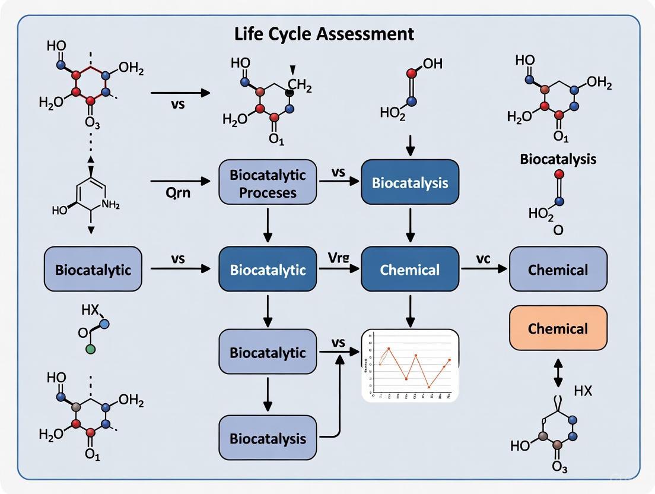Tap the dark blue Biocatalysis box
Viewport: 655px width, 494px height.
(x=410, y=182)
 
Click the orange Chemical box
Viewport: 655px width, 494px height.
(x=558, y=328)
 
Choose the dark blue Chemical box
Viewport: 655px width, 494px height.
(x=410, y=270)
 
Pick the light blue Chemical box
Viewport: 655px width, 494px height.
(x=558, y=270)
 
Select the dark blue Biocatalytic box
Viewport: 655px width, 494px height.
(x=268, y=270)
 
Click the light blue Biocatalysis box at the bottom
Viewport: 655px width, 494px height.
(x=268, y=438)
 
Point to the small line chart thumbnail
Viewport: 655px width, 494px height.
(x=410, y=365)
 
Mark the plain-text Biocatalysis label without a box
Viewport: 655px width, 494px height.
(x=558, y=159)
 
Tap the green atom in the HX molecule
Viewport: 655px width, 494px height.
(x=90, y=349)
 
